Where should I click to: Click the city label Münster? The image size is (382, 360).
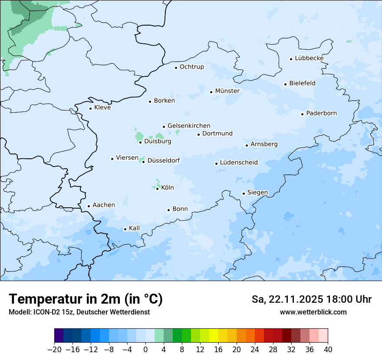click(227, 91)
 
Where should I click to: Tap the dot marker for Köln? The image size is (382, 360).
click(157, 188)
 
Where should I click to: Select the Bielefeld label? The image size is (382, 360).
click(302, 83)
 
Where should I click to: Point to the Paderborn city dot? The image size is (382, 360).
click(302, 114)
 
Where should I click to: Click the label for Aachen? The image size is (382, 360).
click(104, 205)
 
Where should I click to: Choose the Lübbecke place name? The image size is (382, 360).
click(309, 58)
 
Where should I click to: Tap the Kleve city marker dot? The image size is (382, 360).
click(90, 108)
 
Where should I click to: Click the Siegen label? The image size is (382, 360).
click(257, 193)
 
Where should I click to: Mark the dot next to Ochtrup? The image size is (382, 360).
click(176, 67)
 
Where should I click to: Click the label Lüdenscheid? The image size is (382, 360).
click(239, 163)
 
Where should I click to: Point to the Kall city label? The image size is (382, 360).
click(134, 228)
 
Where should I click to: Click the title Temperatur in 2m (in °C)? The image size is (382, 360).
click(86, 299)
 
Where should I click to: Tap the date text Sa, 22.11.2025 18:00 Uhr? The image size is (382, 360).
click(311, 299)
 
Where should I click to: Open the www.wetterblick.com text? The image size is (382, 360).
click(313, 312)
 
